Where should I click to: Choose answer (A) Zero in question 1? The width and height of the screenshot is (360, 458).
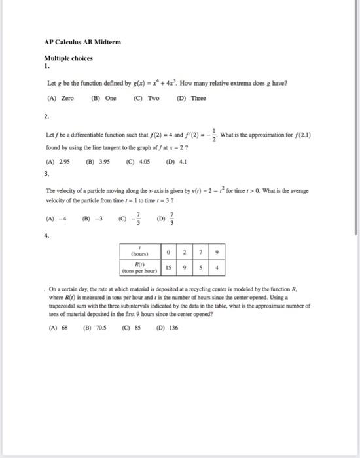tap(61, 99)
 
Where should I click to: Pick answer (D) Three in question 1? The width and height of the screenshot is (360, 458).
tap(191, 99)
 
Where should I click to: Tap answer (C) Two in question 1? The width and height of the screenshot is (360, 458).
tap(147, 99)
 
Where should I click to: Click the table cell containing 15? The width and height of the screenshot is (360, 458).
tap(170, 267)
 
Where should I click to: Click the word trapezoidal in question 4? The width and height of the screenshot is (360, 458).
tap(63, 305)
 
